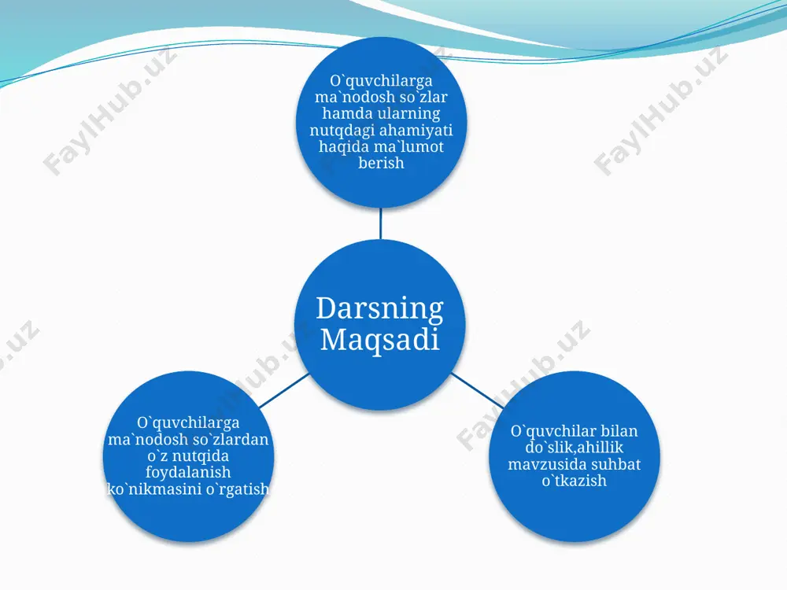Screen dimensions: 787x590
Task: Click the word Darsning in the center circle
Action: click(380, 309)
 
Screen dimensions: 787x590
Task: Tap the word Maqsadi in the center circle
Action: click(380, 340)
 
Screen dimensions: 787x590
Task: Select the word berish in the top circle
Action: click(381, 163)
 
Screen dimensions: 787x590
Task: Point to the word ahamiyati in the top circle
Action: click(416, 130)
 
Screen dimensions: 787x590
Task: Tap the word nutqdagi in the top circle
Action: click(342, 130)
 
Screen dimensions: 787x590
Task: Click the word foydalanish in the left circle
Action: click(188, 472)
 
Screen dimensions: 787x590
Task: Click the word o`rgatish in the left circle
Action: click(238, 489)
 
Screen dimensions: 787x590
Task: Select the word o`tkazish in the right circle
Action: click(575, 480)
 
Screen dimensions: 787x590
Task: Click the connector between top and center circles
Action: click(380, 223)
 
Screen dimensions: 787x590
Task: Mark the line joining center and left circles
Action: click(284, 390)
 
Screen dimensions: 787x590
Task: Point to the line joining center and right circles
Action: click(477, 390)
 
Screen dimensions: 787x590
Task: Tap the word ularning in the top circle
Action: click(408, 112)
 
